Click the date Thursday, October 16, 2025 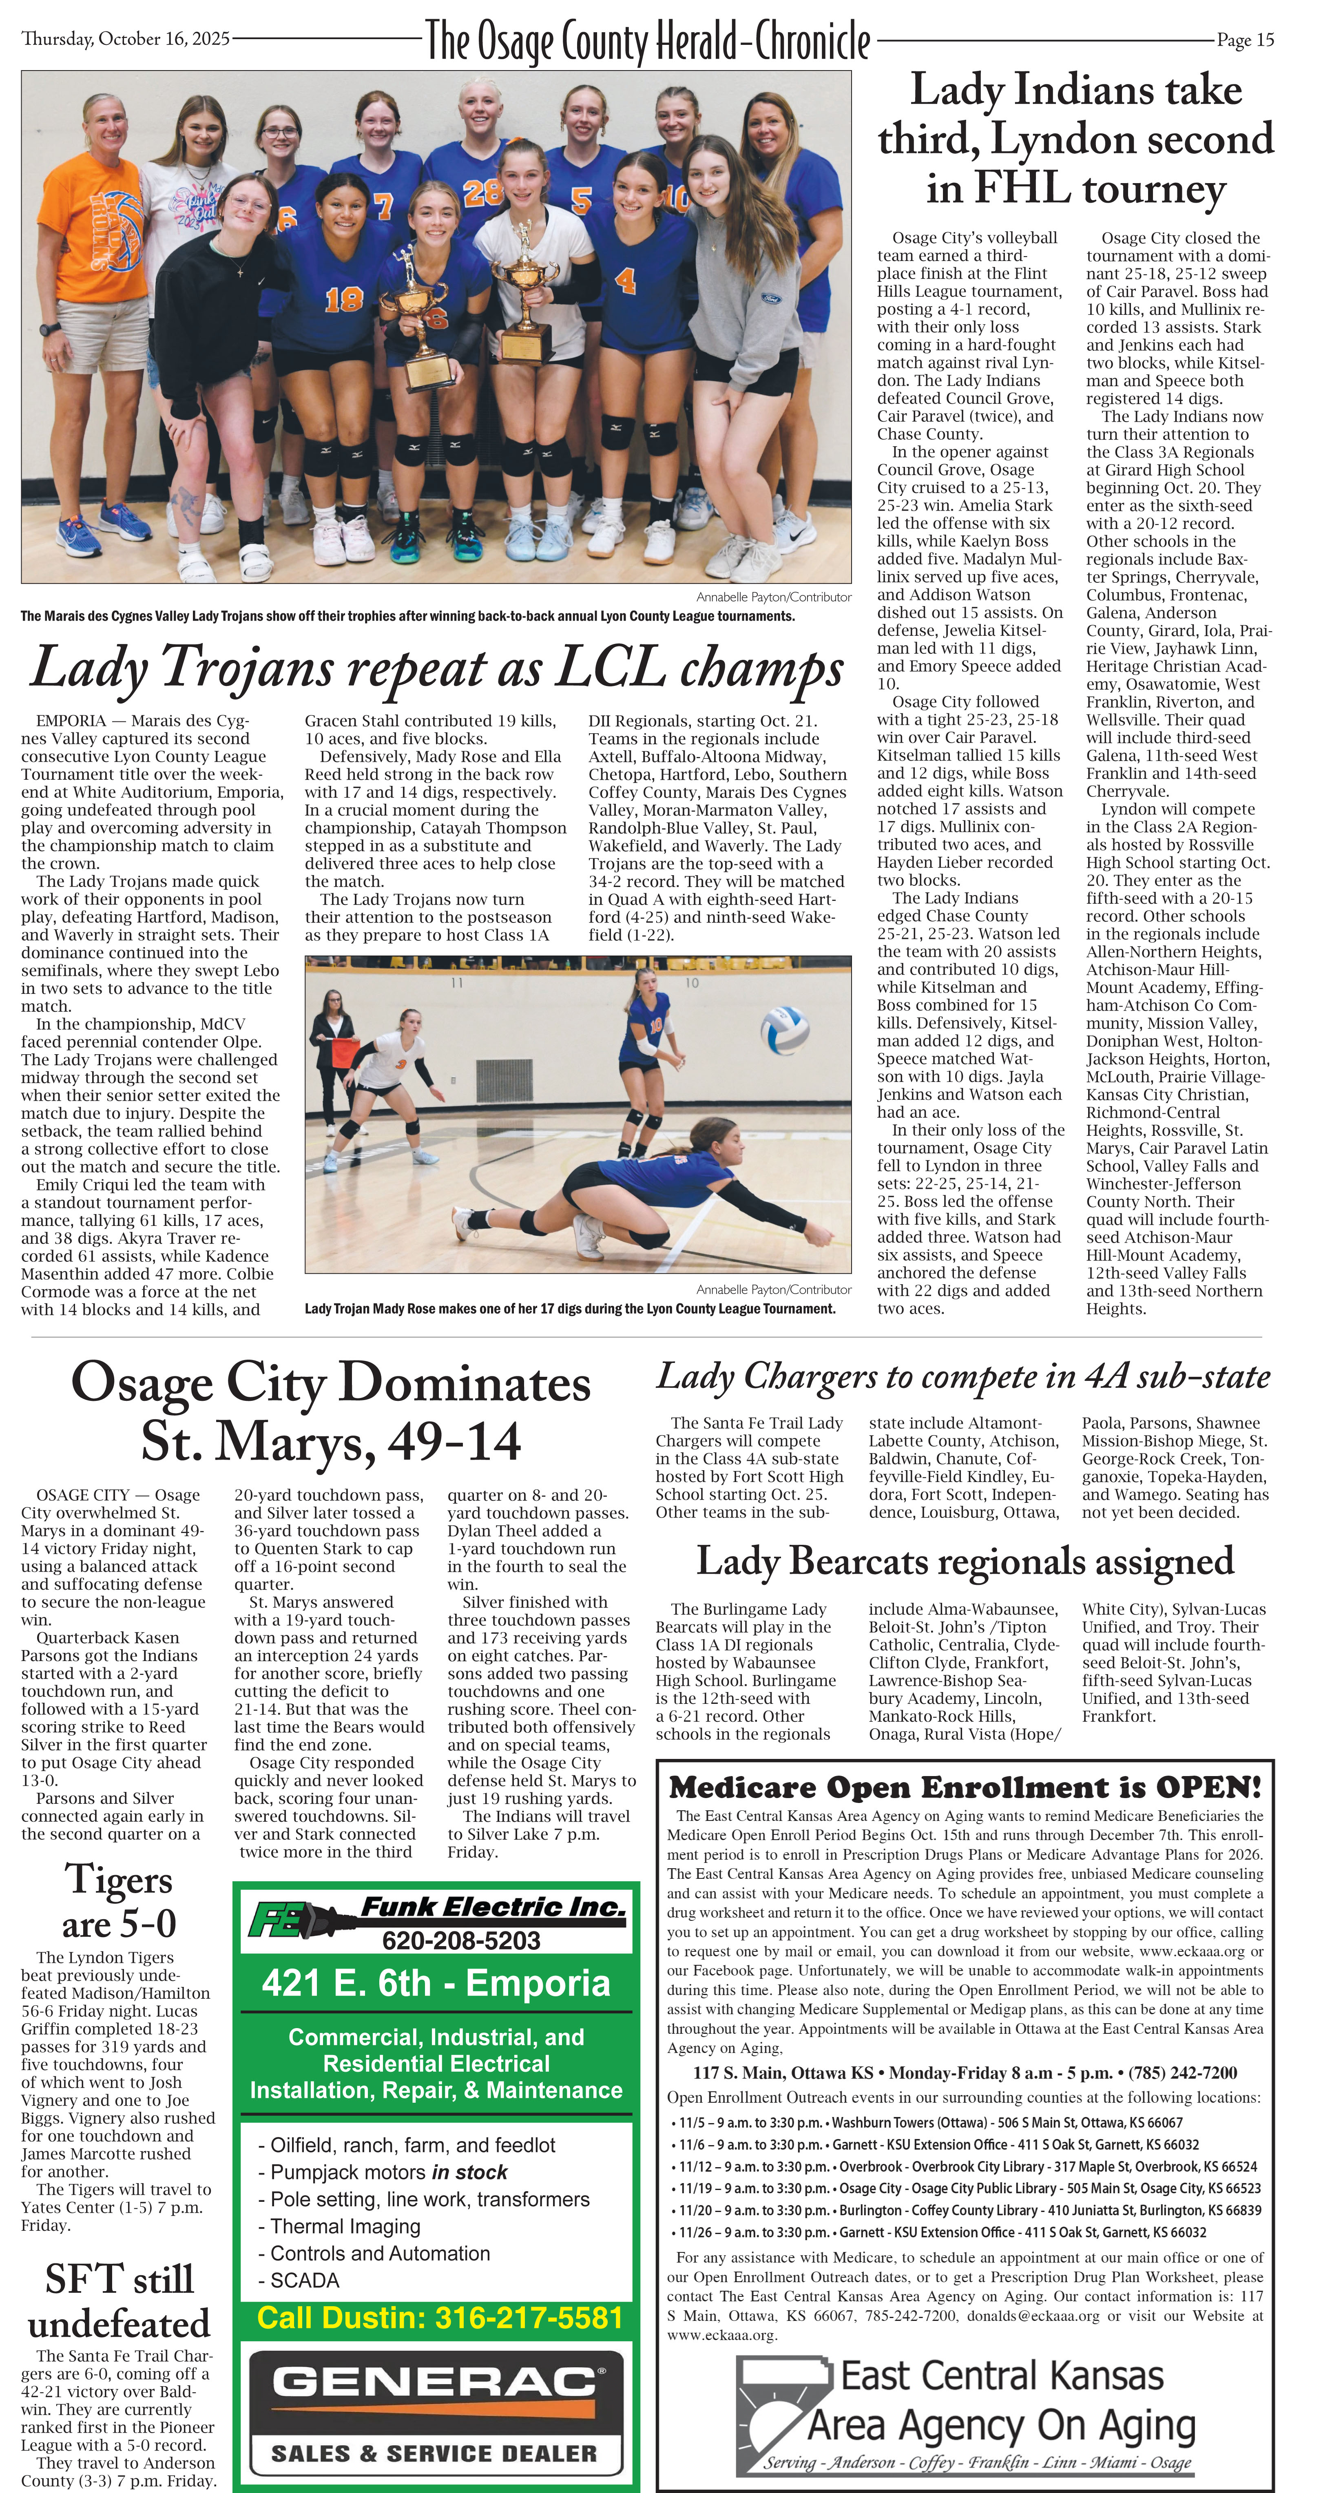pos(126,39)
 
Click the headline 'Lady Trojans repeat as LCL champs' pos(438,668)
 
